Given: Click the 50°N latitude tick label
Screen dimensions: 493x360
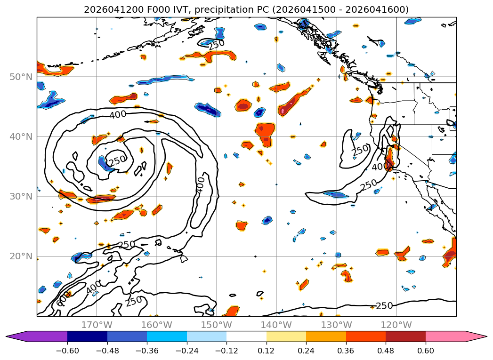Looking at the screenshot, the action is (x=21, y=77).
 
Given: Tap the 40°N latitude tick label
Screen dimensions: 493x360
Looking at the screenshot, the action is (x=21, y=136).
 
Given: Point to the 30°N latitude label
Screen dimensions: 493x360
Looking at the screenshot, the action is (x=21, y=197).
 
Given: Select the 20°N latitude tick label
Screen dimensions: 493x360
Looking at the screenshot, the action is (x=21, y=256).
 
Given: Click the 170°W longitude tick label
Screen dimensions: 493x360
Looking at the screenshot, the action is (x=97, y=325).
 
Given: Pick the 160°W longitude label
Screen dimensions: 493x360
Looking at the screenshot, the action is (x=157, y=325).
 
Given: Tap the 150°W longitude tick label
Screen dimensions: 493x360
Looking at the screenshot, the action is (x=216, y=325).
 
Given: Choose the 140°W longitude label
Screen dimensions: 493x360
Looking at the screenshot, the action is (x=276, y=325).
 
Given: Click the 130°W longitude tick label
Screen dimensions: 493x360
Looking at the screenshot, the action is (x=336, y=325).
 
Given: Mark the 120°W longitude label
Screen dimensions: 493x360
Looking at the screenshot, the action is (x=396, y=325).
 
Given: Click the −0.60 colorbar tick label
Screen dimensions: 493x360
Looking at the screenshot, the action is (x=67, y=351).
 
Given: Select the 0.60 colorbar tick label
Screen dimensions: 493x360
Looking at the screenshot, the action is (x=425, y=351).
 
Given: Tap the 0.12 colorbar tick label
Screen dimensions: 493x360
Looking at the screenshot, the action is (x=267, y=351).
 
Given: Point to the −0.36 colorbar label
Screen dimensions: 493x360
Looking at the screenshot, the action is (x=147, y=351).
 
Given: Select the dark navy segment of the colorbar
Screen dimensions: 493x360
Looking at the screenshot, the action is (x=88, y=336).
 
